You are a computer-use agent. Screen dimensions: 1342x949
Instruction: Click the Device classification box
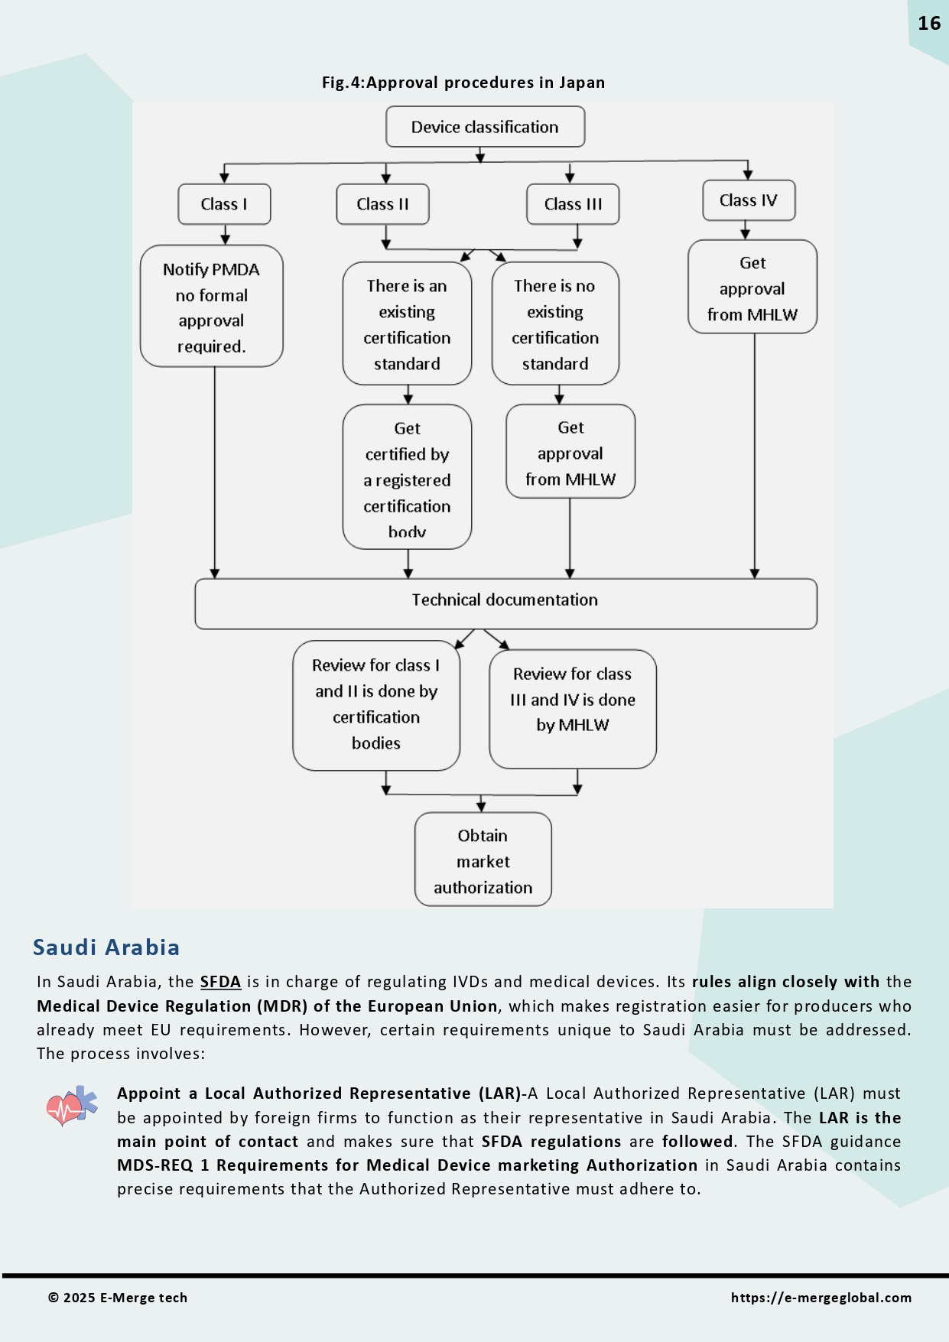(485, 127)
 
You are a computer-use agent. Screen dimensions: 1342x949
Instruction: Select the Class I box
(224, 204)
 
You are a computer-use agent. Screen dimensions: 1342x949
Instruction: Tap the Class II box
(382, 204)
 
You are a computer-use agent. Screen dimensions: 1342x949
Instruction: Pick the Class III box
(573, 204)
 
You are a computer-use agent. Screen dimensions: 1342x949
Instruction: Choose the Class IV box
(748, 200)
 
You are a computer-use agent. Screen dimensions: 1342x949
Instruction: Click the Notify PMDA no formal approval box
(211, 307)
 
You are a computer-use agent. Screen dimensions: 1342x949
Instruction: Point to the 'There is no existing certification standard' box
(555, 324)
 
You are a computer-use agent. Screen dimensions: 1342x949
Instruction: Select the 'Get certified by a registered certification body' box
(407, 477)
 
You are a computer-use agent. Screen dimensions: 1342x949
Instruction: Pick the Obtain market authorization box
(483, 860)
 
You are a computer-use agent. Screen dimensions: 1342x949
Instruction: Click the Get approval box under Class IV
(752, 288)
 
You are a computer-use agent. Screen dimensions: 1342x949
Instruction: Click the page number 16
(928, 24)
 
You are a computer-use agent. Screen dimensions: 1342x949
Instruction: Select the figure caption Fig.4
(463, 83)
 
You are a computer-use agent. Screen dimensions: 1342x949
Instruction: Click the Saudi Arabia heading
(106, 947)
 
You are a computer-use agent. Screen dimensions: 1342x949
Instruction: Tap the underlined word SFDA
(220, 982)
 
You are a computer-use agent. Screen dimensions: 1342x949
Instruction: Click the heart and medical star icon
(72, 1106)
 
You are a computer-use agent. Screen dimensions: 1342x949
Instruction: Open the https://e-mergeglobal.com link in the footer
(821, 1298)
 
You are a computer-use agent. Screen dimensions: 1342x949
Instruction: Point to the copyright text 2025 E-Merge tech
(118, 1298)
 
